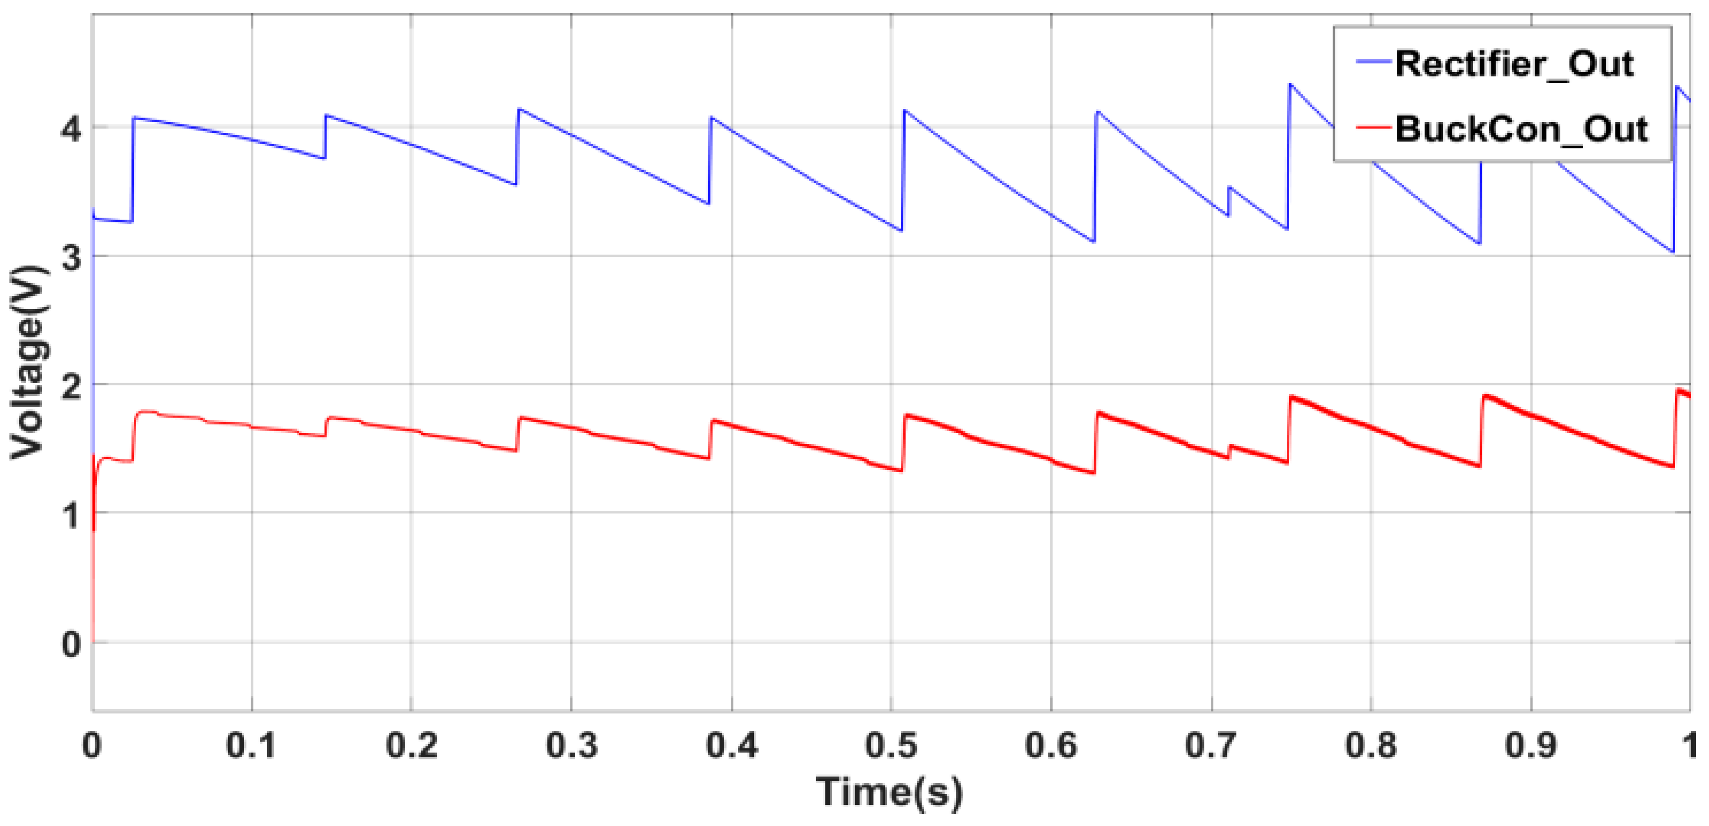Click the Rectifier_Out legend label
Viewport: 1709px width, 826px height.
pyautogui.click(x=1514, y=65)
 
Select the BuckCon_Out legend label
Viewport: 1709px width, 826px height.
pyautogui.click(x=1521, y=129)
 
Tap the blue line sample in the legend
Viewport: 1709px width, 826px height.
pyautogui.click(x=1374, y=61)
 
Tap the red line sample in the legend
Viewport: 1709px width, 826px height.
pyautogui.click(x=1374, y=126)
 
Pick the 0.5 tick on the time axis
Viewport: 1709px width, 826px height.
pyautogui.click(x=891, y=745)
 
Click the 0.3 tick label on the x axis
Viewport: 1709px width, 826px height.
pyautogui.click(x=571, y=745)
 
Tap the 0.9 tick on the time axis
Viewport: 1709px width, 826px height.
pyautogui.click(x=1530, y=745)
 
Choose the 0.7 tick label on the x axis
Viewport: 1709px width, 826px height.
pyautogui.click(x=1211, y=745)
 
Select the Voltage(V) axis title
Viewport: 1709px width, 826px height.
pyautogui.click(x=28, y=361)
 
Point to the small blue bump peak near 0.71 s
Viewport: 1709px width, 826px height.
pyautogui.click(x=1229, y=188)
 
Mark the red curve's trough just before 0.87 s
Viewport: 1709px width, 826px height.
pyautogui.click(x=1479, y=466)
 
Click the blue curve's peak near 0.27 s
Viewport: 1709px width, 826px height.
pyautogui.click(x=519, y=109)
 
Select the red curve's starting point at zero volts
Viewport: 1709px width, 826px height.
pyautogui.click(x=93, y=642)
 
